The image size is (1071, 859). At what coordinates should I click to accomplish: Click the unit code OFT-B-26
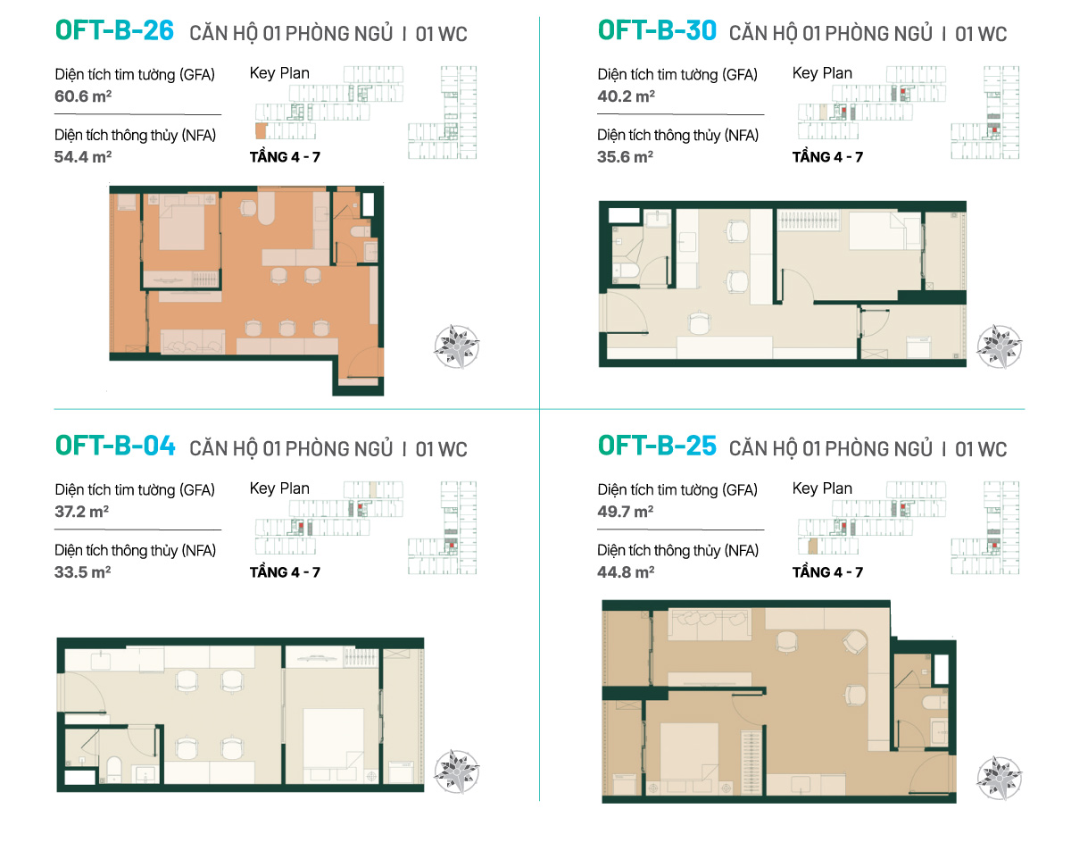pyautogui.click(x=114, y=30)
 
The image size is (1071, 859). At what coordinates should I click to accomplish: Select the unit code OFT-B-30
pyautogui.click(x=657, y=30)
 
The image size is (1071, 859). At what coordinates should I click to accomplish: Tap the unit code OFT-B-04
pyautogui.click(x=115, y=446)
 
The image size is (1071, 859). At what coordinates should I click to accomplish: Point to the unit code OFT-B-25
pyautogui.click(x=657, y=446)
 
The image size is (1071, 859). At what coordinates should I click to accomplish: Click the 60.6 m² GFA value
pyautogui.click(x=83, y=96)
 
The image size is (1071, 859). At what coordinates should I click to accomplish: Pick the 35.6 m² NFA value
pyautogui.click(x=625, y=157)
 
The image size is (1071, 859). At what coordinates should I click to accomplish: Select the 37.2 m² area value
pyautogui.click(x=82, y=512)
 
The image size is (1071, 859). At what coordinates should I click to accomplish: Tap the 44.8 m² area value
pyautogui.click(x=626, y=572)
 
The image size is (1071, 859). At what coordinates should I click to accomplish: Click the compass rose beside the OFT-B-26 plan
pyautogui.click(x=456, y=346)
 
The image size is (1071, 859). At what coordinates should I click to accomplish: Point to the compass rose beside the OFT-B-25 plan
pyautogui.click(x=999, y=779)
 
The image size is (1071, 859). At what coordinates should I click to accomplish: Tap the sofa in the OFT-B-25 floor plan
pyautogui.click(x=710, y=624)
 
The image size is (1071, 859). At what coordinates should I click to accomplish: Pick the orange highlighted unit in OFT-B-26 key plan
pyautogui.click(x=262, y=131)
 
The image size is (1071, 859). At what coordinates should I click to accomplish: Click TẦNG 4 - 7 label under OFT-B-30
pyautogui.click(x=827, y=157)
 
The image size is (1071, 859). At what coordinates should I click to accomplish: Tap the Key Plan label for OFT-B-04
pyautogui.click(x=279, y=488)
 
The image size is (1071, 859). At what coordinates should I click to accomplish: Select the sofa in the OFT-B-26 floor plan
pyautogui.click(x=193, y=342)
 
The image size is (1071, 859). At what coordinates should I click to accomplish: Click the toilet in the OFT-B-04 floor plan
pyautogui.click(x=114, y=769)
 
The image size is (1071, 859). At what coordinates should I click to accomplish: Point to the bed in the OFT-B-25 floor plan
pyautogui.click(x=689, y=753)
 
